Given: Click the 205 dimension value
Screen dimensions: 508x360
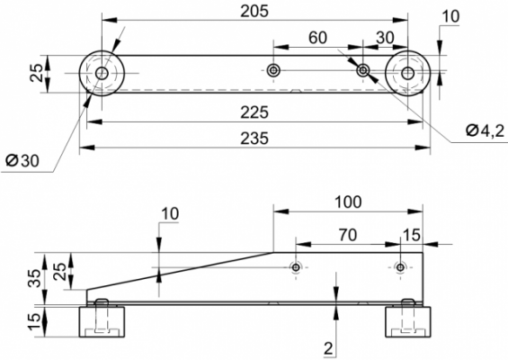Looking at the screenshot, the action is [254, 12].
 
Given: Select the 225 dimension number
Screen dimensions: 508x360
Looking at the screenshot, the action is [254, 112].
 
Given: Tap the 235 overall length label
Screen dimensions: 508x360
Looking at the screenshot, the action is [254, 139].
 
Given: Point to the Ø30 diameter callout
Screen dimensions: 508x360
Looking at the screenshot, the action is [22, 160].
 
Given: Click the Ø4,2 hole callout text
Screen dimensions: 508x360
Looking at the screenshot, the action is [486, 130].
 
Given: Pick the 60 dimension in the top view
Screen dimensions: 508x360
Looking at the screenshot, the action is [317, 38].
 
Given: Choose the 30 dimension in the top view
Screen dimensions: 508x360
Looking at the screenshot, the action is [385, 38].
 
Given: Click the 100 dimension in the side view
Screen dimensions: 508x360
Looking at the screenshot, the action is [348, 202].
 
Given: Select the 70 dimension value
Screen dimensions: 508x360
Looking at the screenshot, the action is [348, 235].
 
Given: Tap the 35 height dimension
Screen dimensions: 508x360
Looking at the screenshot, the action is [35, 278].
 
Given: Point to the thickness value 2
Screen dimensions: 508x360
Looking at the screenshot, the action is [328, 348].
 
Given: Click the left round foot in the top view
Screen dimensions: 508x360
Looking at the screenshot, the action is [102, 73].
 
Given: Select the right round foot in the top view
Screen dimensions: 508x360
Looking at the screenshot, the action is [407, 73].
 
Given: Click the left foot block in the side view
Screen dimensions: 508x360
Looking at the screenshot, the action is [102, 321].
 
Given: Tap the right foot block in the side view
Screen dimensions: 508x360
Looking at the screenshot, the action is [408, 321].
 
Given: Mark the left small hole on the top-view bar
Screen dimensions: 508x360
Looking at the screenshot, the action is [273, 70].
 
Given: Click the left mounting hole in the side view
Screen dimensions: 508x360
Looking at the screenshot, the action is [296, 267].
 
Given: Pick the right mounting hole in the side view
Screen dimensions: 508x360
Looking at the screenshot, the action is [400, 267].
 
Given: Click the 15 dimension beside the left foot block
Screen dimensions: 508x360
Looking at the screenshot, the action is [35, 321].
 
